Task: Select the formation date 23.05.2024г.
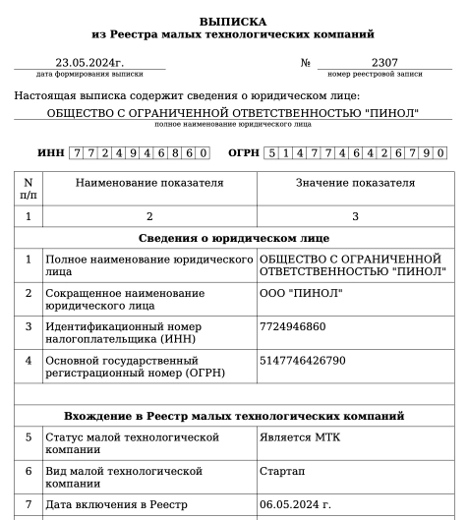coord(88,62)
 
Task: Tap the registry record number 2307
coord(384,62)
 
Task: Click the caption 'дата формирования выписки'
coord(88,74)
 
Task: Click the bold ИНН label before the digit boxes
coord(51,153)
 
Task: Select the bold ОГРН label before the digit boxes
coord(244,153)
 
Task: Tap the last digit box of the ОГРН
coord(439,153)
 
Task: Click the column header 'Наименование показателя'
coord(148,184)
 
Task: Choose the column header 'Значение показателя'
coord(355,184)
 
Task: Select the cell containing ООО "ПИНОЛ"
coord(300,293)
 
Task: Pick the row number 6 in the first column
coord(28,471)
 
